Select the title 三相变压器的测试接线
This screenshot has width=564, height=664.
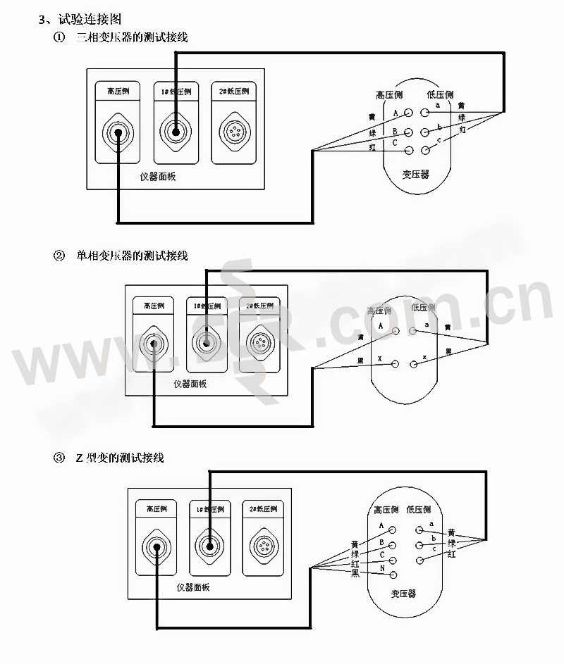[132, 37]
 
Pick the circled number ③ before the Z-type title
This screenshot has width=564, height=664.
[59, 458]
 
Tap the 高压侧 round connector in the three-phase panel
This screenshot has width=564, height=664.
[117, 132]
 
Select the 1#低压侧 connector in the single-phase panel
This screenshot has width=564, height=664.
[205, 344]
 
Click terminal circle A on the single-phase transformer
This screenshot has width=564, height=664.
[396, 330]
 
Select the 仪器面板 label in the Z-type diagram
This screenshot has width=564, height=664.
[192, 587]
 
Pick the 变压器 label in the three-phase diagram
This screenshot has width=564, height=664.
[416, 174]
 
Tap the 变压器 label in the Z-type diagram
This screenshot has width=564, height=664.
[403, 594]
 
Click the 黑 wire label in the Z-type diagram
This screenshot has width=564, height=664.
[355, 574]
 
